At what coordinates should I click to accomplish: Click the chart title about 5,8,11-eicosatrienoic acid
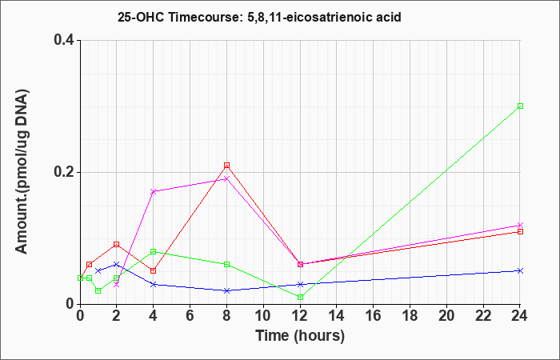pyautogui.click(x=259, y=17)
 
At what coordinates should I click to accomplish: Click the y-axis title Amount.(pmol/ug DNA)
pyautogui.click(x=22, y=172)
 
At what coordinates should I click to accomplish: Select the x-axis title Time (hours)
pyautogui.click(x=300, y=336)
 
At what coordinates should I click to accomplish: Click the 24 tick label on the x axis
pyautogui.click(x=520, y=316)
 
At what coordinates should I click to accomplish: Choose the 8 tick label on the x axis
pyautogui.click(x=226, y=316)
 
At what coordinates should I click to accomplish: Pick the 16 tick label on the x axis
pyautogui.click(x=374, y=316)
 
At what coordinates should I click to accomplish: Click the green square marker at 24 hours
pyautogui.click(x=520, y=106)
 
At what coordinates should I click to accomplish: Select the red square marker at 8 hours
pyautogui.click(x=226, y=166)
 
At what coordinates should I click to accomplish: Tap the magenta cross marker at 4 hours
pyautogui.click(x=154, y=192)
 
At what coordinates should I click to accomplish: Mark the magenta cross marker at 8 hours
pyautogui.click(x=226, y=178)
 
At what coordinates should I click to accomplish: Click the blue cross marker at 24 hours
pyautogui.click(x=520, y=270)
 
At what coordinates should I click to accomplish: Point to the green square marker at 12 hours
pyautogui.click(x=300, y=297)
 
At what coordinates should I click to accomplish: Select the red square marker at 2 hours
pyautogui.click(x=117, y=245)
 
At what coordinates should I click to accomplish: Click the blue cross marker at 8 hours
pyautogui.click(x=226, y=290)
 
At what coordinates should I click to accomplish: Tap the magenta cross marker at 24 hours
pyautogui.click(x=520, y=225)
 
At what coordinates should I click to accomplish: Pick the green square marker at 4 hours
pyautogui.click(x=154, y=251)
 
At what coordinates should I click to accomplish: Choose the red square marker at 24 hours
pyautogui.click(x=520, y=231)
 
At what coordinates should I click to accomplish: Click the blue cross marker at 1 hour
pyautogui.click(x=98, y=270)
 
